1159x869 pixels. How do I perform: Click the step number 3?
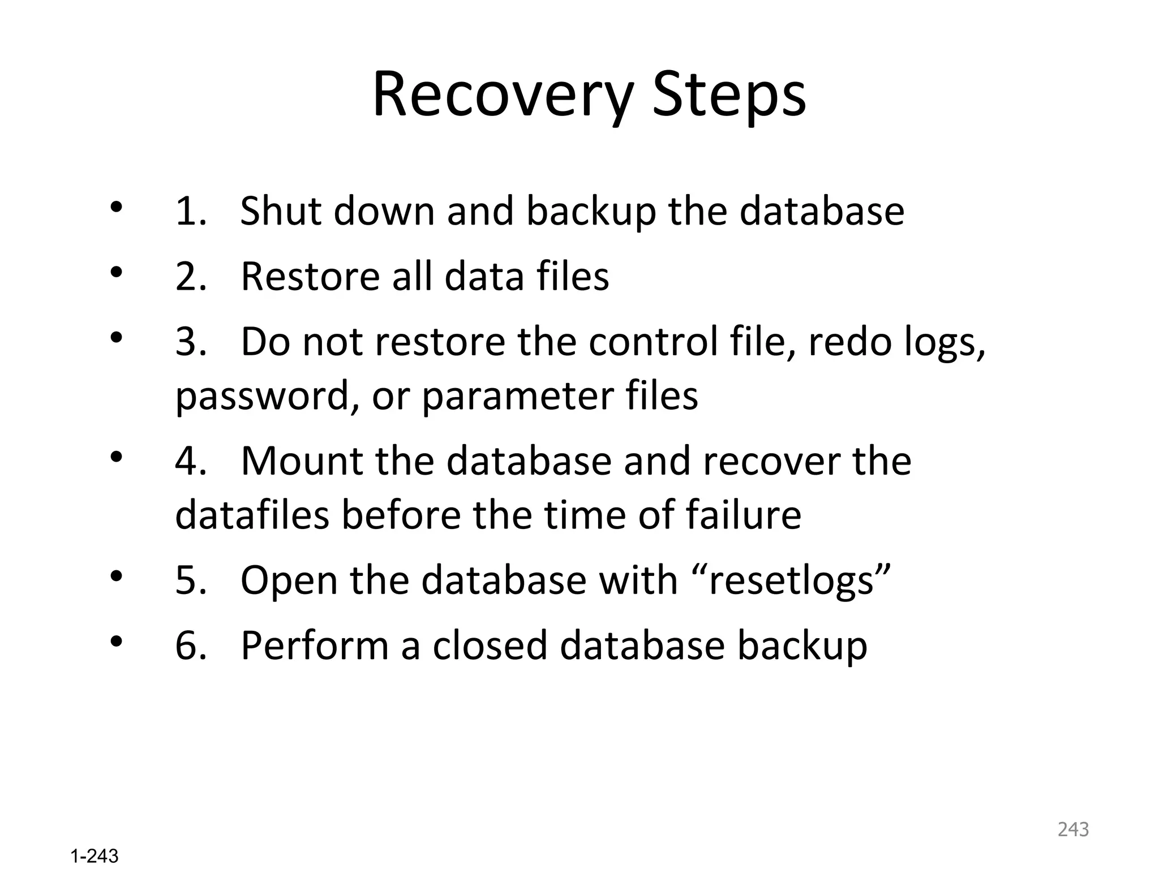(190, 342)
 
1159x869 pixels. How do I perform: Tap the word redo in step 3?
(849, 342)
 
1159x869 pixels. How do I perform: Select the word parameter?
(517, 396)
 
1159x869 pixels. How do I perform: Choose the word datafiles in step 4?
(252, 515)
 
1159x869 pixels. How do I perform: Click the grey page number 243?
(1073, 829)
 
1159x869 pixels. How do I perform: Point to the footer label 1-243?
(95, 856)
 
